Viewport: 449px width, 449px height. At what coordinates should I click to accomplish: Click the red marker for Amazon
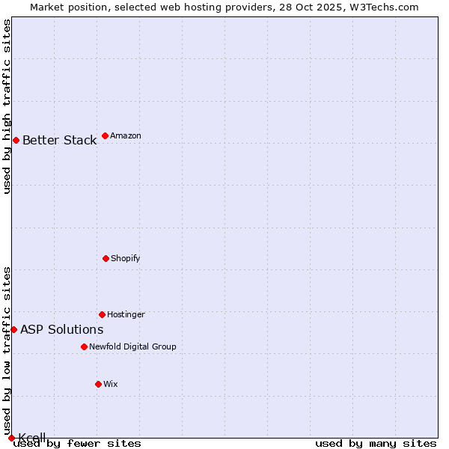pyautogui.click(x=105, y=135)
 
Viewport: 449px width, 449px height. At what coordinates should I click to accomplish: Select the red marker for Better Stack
pyautogui.click(x=16, y=140)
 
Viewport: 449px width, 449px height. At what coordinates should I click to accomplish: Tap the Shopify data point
pyautogui.click(x=106, y=258)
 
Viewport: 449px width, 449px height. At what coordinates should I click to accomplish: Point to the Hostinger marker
pyautogui.click(x=102, y=314)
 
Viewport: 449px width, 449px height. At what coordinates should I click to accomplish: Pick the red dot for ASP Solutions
pyautogui.click(x=13, y=329)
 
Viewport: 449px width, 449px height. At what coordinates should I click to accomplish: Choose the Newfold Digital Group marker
pyautogui.click(x=84, y=346)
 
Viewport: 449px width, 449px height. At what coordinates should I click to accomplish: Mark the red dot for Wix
pyautogui.click(x=98, y=384)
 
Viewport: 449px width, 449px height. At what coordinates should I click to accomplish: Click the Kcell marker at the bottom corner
pyautogui.click(x=11, y=438)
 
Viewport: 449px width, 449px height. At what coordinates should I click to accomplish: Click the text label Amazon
pyautogui.click(x=126, y=135)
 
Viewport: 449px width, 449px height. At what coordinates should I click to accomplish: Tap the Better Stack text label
pyautogui.click(x=59, y=140)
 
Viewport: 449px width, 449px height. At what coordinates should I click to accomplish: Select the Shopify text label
pyautogui.click(x=126, y=258)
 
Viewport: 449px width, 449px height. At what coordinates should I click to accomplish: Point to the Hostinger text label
pyautogui.click(x=126, y=314)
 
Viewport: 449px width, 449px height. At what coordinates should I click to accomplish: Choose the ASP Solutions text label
pyautogui.click(x=61, y=329)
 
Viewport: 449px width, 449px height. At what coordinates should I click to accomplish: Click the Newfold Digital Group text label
pyautogui.click(x=132, y=346)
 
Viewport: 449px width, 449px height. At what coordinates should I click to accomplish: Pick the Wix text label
pyautogui.click(x=111, y=384)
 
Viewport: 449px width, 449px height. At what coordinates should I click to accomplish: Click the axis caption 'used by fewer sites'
pyautogui.click(x=78, y=443)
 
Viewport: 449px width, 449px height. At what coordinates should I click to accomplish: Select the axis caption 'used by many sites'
pyautogui.click(x=376, y=443)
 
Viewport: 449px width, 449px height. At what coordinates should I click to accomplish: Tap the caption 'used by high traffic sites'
pyautogui.click(x=7, y=106)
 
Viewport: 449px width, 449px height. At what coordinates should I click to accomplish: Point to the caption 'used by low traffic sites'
pyautogui.click(x=7, y=350)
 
